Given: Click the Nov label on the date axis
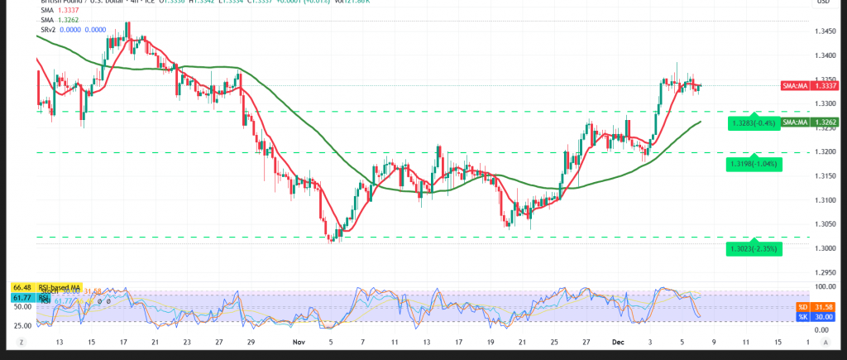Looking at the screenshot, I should coord(301,341).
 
